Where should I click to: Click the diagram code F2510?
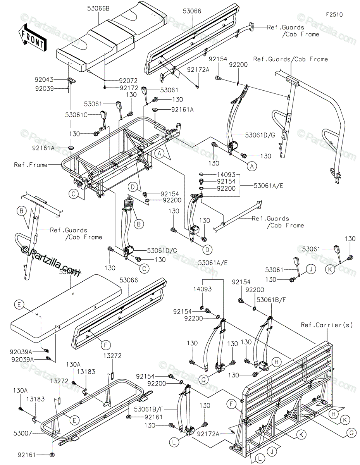334,15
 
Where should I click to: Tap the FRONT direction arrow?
32,37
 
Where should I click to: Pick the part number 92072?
128,81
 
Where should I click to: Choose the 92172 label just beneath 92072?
128,88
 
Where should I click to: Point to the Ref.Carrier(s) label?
327,325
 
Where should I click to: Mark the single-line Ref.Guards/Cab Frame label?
290,59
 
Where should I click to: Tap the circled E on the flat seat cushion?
19,305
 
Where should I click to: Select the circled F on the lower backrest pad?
103,344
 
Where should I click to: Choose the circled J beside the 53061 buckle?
310,269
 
